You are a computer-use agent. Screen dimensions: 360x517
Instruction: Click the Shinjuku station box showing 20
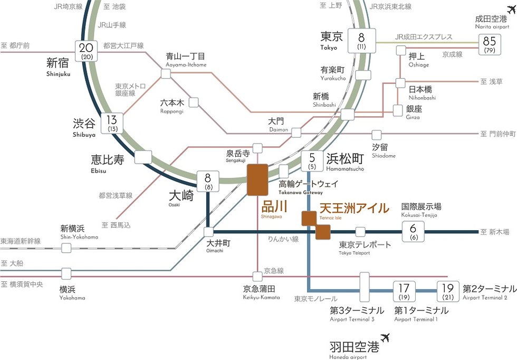point(86,51)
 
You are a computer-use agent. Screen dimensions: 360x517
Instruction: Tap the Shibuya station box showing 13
point(112,123)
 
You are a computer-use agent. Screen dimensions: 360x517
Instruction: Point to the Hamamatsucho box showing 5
point(312,160)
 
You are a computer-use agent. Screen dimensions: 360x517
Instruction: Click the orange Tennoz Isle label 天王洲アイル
point(354,208)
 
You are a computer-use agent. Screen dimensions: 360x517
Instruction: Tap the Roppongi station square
point(194,102)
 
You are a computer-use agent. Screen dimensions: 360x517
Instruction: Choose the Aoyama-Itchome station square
point(166,74)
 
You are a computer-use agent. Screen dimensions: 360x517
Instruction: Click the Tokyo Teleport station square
point(360,231)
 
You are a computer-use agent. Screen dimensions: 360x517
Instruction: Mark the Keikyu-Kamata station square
point(257,276)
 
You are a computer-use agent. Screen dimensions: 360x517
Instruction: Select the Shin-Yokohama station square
point(66,248)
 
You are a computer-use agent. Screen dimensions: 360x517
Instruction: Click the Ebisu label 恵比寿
point(107,159)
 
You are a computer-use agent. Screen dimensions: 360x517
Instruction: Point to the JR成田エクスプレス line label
point(424,37)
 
